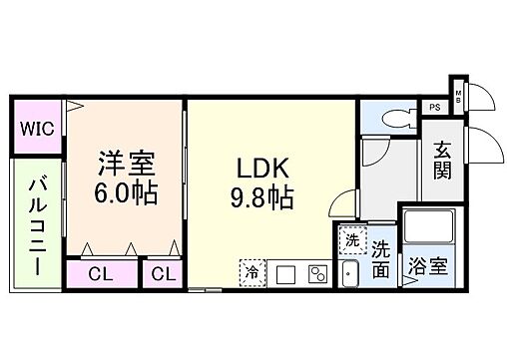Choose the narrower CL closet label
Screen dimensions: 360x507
point(163,273)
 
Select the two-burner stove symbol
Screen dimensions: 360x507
point(318,273)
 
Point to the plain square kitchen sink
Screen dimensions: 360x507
point(284,273)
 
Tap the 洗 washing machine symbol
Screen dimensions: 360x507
point(351,240)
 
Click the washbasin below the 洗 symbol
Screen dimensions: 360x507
point(350,272)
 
